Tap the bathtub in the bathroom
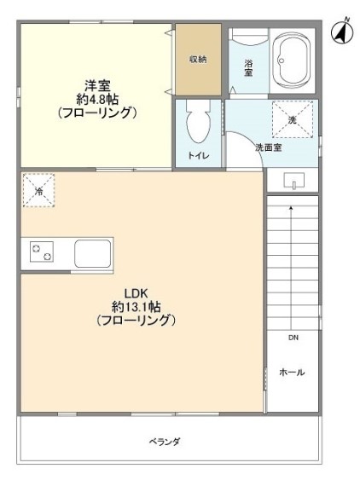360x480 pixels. coord(292,61)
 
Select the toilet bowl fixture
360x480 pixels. coord(198,123)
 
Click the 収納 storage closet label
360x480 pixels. coord(198,59)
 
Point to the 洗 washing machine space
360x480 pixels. coord(293,119)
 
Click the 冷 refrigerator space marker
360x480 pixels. coord(38,190)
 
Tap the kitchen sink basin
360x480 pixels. coord(93,253)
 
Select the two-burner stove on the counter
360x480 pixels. coord(42,252)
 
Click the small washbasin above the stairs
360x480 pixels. coord(293,181)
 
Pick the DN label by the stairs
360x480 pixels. coord(293,338)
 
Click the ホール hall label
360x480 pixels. coord(292,373)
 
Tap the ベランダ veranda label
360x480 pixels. coord(165,442)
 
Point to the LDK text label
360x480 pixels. coord(136,293)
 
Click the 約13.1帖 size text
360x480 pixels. coord(136,306)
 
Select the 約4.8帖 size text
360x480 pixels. coord(97,99)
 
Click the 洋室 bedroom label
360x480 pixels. coord(97,85)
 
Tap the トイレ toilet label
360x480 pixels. coord(198,155)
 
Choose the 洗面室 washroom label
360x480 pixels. coord(269,147)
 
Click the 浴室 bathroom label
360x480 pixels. coord(248,68)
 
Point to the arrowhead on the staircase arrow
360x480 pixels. coord(291,208)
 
